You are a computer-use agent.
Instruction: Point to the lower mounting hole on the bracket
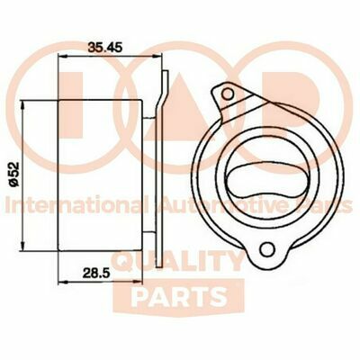click(265, 249)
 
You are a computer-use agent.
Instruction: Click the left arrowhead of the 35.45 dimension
click(60, 54)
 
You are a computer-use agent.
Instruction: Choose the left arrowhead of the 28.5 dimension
click(60, 282)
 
